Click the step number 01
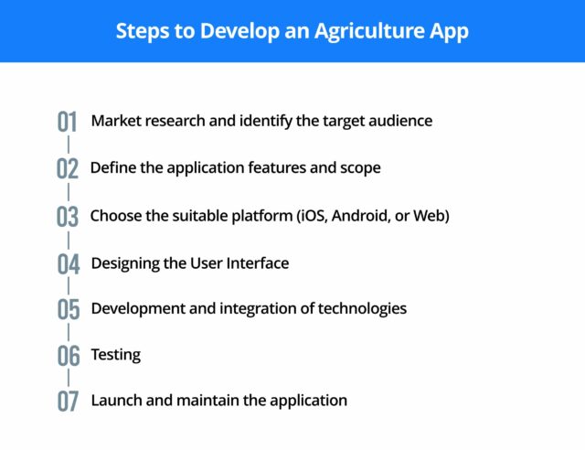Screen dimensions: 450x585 [69, 122]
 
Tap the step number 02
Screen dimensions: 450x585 [69, 169]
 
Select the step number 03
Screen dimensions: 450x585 [69, 217]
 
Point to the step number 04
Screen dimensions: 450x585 [69, 264]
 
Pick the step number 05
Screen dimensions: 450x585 [69, 309]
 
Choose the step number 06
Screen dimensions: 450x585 [69, 356]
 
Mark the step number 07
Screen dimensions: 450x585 [69, 402]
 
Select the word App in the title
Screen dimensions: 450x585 [449, 31]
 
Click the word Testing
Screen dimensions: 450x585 [116, 354]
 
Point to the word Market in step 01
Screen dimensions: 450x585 [116, 120]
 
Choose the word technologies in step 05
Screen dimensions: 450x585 [361, 308]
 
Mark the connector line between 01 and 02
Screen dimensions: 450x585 [69, 145]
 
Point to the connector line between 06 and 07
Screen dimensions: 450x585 [69, 379]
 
